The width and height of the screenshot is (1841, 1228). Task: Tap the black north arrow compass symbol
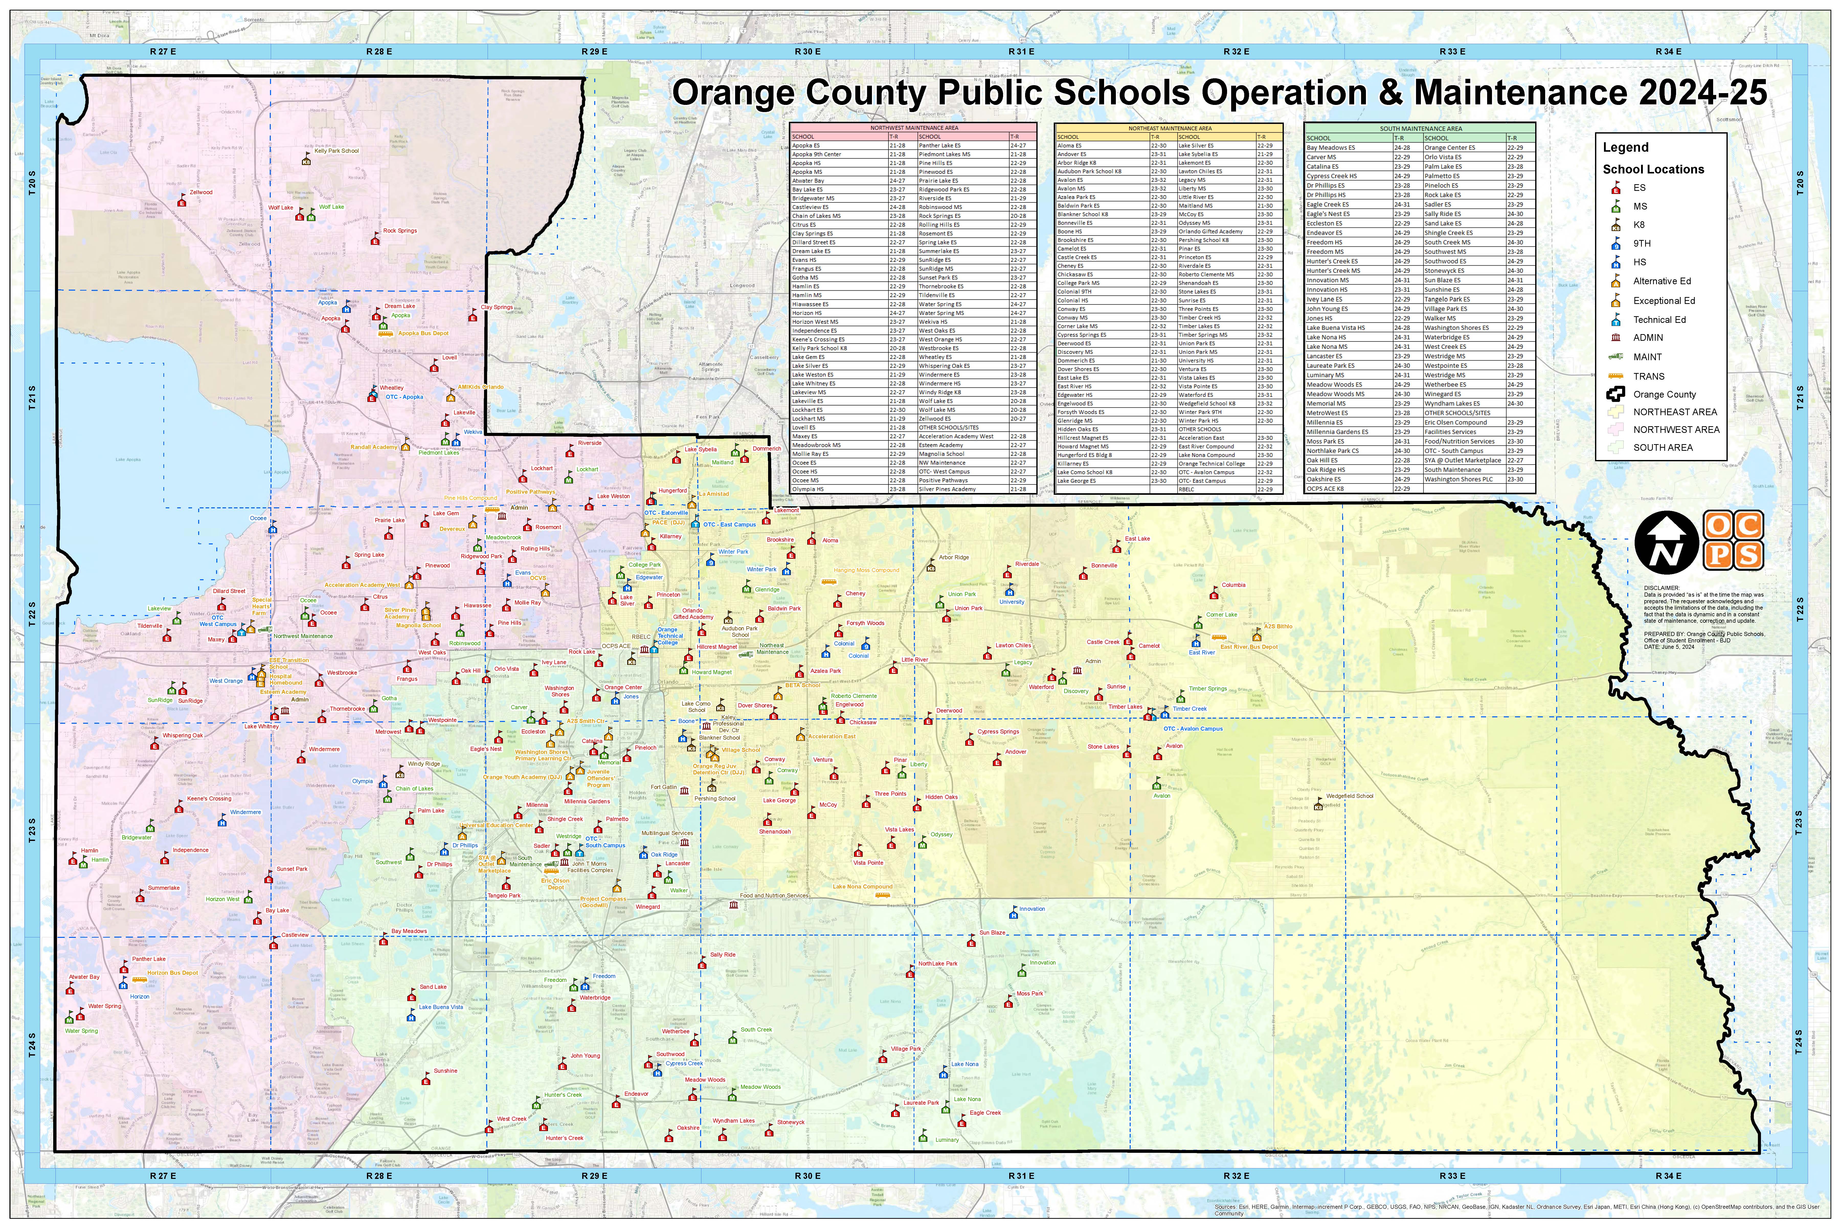coord(1666,542)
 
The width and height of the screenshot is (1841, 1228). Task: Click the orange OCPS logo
coord(1733,540)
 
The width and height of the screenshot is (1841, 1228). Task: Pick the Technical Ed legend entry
coord(1659,320)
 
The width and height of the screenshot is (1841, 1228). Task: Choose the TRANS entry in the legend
coord(1648,376)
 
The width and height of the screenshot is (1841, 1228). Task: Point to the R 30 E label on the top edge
coord(808,52)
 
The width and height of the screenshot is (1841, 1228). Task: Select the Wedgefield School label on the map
coord(1350,796)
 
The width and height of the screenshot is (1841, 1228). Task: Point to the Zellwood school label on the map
coord(200,192)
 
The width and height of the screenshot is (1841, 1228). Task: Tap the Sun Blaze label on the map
coord(993,933)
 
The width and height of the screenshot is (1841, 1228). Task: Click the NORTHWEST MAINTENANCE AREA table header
coord(913,128)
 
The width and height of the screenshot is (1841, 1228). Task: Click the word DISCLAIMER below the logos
coord(1661,587)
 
